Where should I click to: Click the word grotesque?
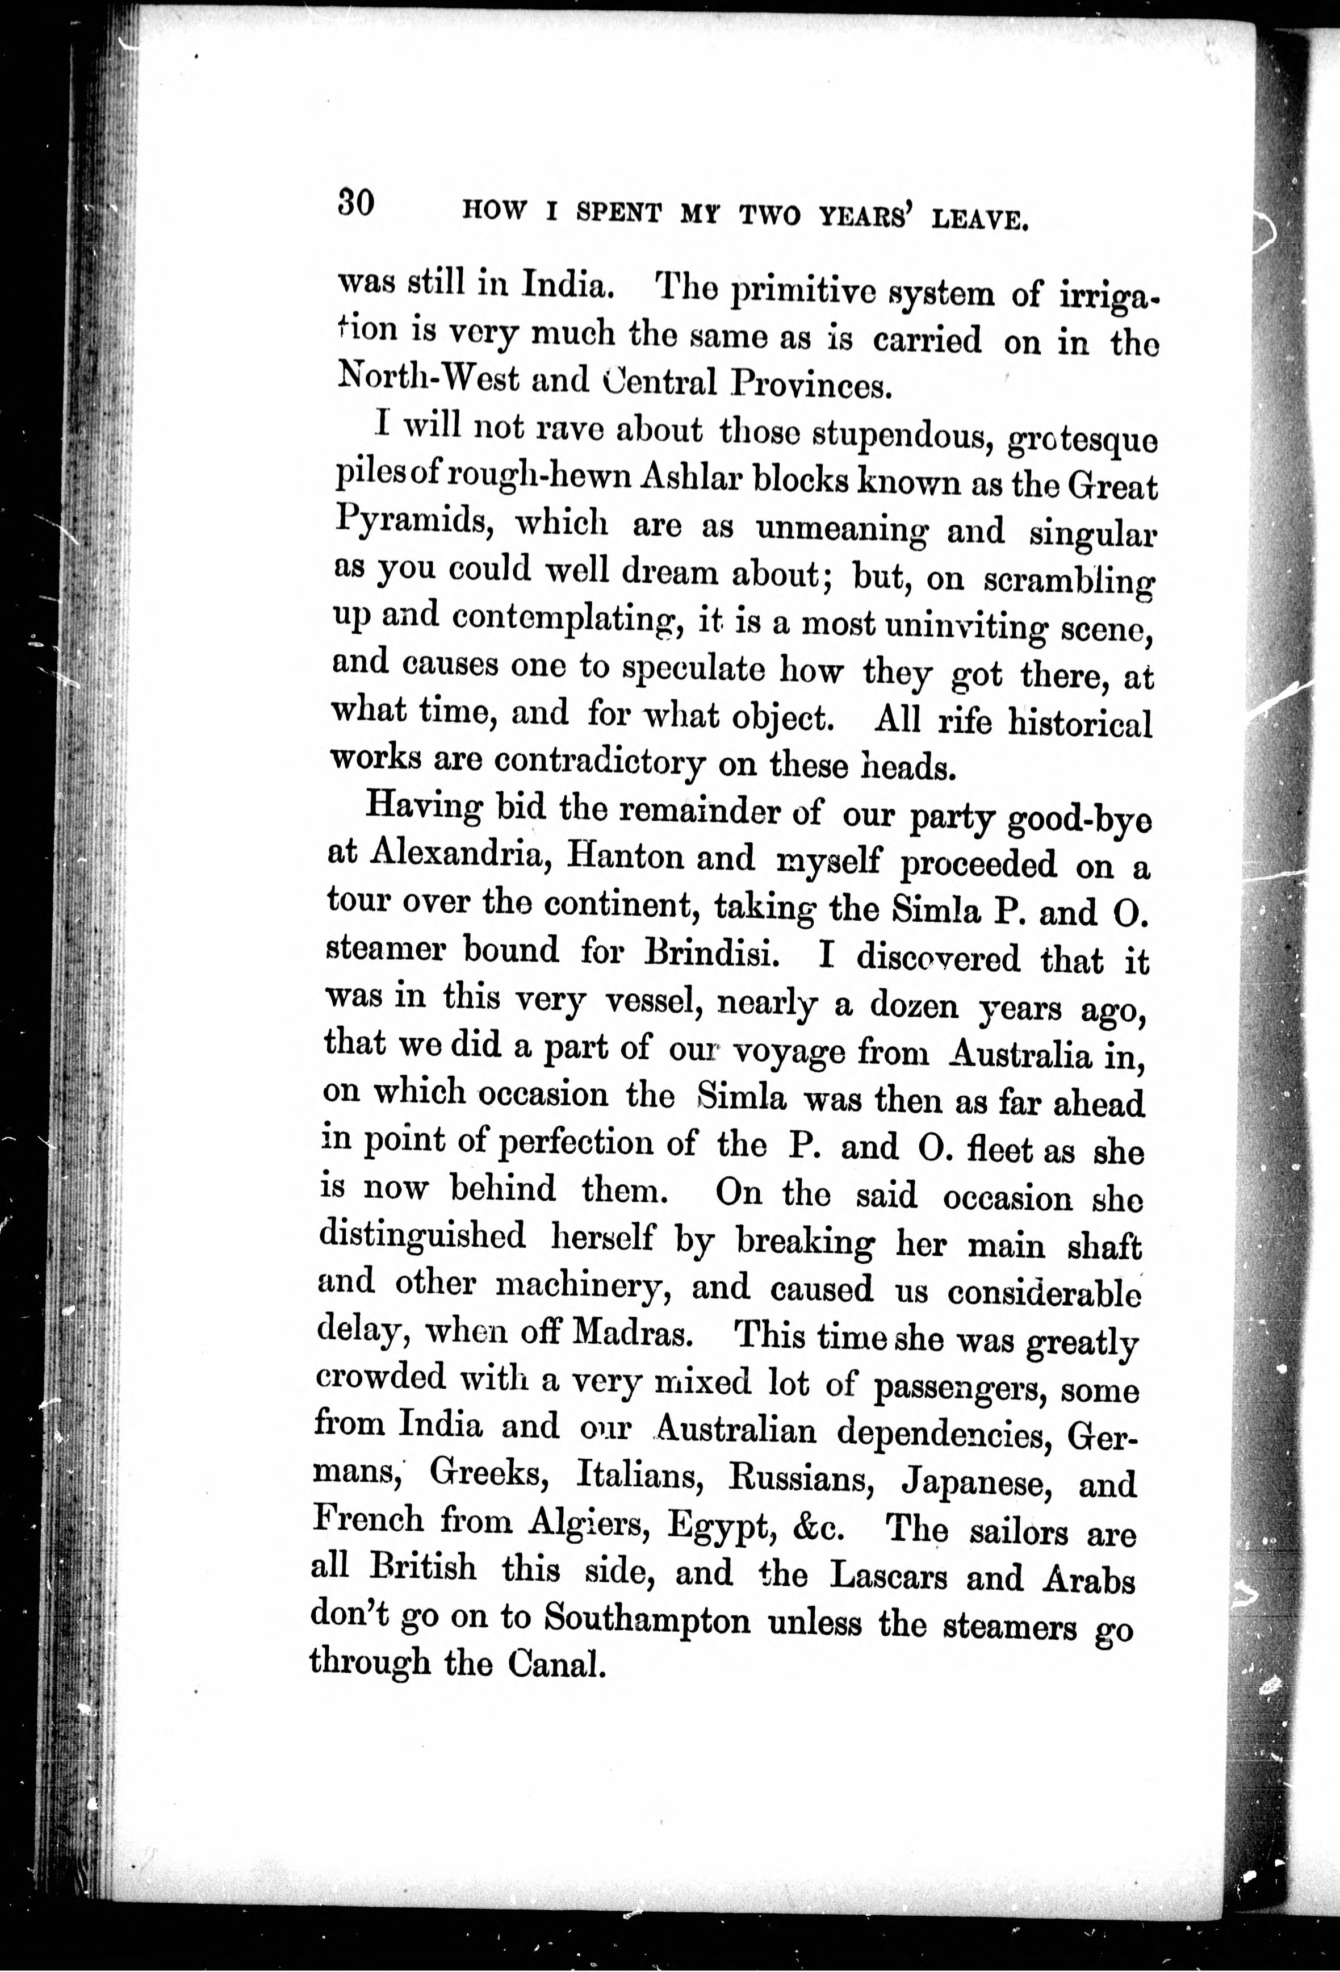coord(1081,440)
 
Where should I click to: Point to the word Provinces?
coord(811,386)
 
